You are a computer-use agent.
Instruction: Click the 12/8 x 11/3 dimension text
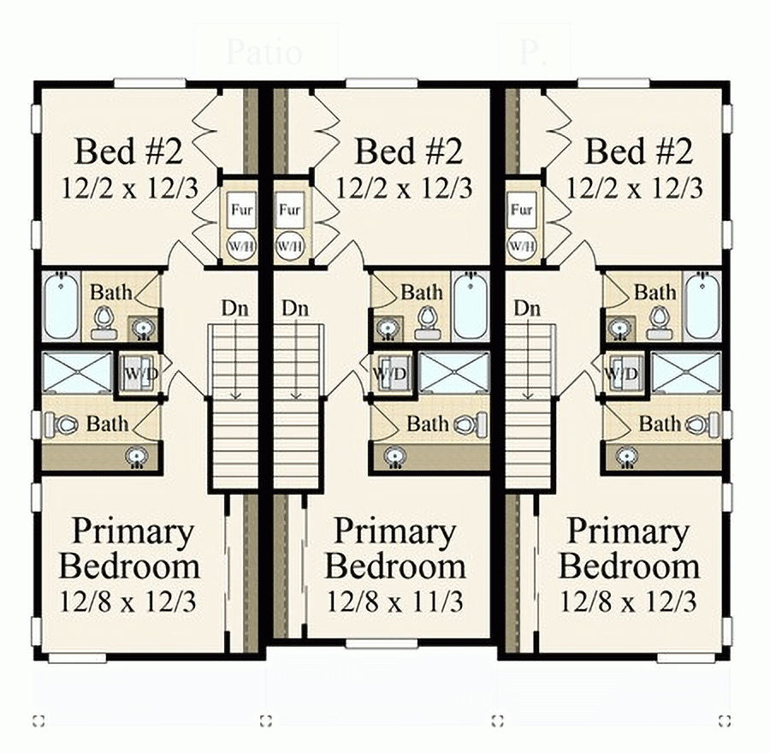395,602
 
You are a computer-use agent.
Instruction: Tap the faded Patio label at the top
264,52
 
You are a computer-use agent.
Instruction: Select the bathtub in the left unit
62,306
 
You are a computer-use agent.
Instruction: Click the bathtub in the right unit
702,306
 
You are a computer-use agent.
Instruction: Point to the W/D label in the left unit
136,374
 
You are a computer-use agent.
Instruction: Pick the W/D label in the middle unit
390,374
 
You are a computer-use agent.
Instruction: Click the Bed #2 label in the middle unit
408,152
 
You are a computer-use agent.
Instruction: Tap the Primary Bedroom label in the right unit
629,549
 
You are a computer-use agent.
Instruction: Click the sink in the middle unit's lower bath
394,456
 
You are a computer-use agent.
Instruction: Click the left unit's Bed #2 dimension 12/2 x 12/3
130,187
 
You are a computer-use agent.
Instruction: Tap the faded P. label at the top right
529,52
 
